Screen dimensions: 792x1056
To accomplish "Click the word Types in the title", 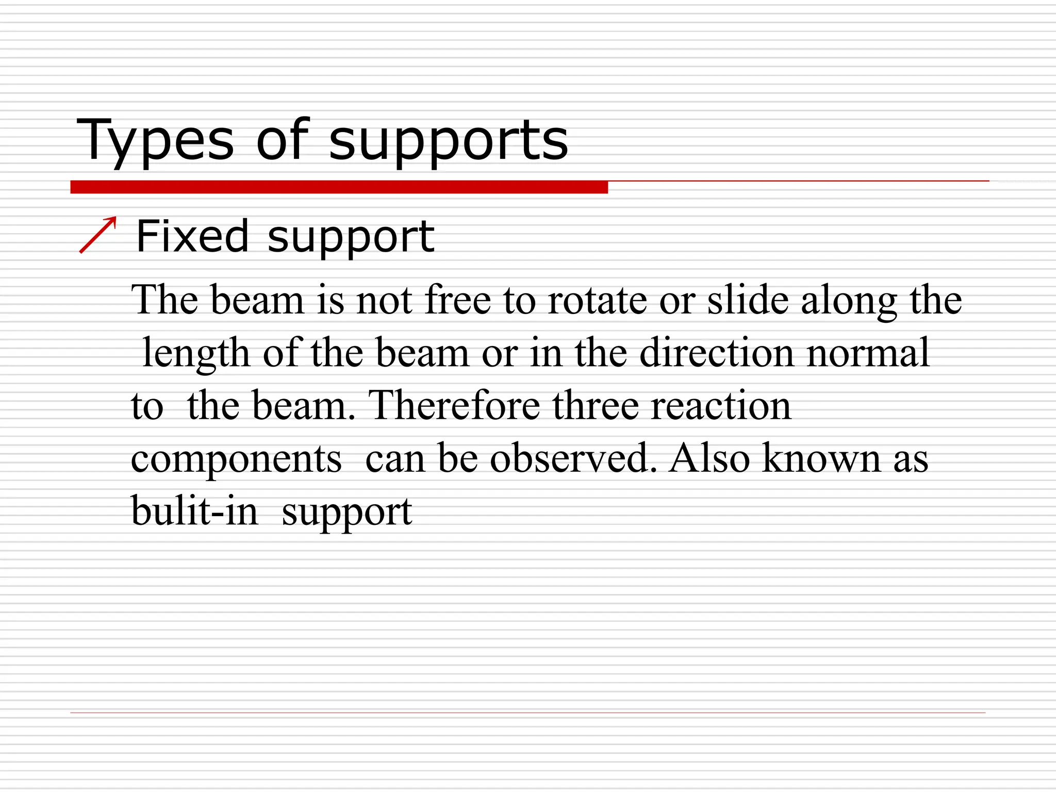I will tap(155, 140).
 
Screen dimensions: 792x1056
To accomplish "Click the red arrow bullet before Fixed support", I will tap(98, 235).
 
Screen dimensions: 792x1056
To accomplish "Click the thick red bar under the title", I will tap(339, 187).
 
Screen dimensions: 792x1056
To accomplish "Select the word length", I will tap(196, 354).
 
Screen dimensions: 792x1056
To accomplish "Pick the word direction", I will tap(717, 353).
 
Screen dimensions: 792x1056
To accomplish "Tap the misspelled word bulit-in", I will tap(195, 511).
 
